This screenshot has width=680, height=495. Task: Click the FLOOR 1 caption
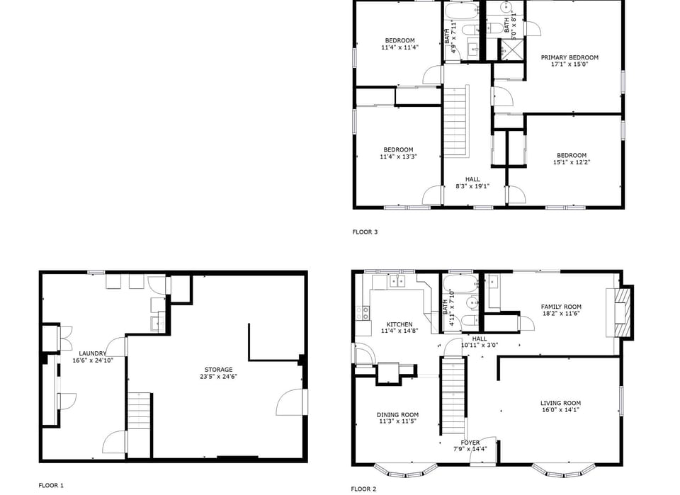(x=51, y=485)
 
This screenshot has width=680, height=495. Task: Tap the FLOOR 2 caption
(x=363, y=489)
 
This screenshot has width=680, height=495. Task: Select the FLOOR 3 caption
(x=365, y=232)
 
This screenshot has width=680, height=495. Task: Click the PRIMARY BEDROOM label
(x=569, y=57)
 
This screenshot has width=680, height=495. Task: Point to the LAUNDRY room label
(x=93, y=353)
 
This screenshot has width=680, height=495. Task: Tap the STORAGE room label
(x=218, y=370)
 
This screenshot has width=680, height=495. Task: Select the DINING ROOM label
(x=397, y=415)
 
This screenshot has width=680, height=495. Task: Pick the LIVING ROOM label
(x=560, y=403)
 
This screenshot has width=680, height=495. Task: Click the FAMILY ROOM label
(x=561, y=307)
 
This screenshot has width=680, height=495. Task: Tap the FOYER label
(x=470, y=443)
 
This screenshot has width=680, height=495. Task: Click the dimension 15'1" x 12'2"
(x=571, y=162)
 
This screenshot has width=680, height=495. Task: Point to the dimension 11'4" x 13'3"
(x=398, y=157)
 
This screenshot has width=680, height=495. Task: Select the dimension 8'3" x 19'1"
(x=472, y=186)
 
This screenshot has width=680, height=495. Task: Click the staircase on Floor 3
(x=455, y=122)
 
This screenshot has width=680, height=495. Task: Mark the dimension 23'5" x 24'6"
(x=218, y=377)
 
